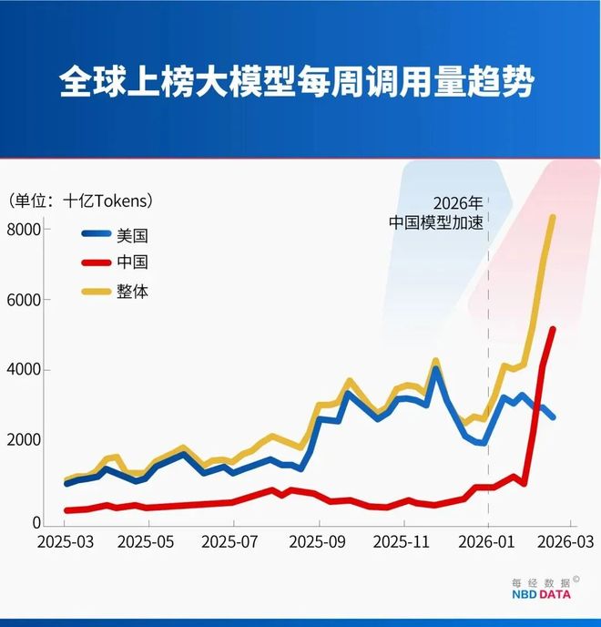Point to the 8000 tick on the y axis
(25, 229)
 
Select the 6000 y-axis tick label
(25, 300)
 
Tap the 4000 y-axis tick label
(25, 370)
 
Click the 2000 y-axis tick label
(25, 440)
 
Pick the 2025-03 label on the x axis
(65, 542)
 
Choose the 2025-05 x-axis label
(148, 542)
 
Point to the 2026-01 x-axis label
(488, 542)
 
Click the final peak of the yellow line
(552, 217)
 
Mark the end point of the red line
(552, 329)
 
